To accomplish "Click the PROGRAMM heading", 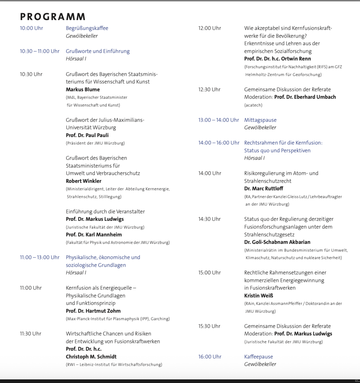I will pyautogui.click(x=53, y=17).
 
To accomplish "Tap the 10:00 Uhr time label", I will pyautogui.click(x=31, y=28).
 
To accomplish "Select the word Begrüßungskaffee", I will pyautogui.click(x=87, y=28).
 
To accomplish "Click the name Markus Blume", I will pyautogui.click(x=83, y=89).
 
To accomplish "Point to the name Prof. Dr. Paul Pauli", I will pyautogui.click(x=87, y=135).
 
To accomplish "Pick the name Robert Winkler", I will pyautogui.click(x=84, y=181).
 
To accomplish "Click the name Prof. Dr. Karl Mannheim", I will pyautogui.click(x=94, y=235).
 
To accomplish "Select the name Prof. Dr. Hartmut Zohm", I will pyautogui.click(x=93, y=311).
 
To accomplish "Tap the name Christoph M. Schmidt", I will pyautogui.click(x=91, y=357).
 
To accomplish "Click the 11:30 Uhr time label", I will pyautogui.click(x=31, y=334).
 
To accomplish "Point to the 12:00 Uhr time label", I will pyautogui.click(x=210, y=28).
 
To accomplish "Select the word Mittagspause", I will pyautogui.click(x=260, y=120).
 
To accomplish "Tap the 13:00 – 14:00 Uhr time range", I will pyautogui.click(x=219, y=120).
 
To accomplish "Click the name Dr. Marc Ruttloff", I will pyautogui.click(x=264, y=188).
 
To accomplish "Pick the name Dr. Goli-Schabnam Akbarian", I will pyautogui.click(x=277, y=242).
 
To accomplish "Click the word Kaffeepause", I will pyautogui.click(x=258, y=357).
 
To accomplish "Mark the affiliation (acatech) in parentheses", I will pyautogui.click(x=253, y=105).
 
